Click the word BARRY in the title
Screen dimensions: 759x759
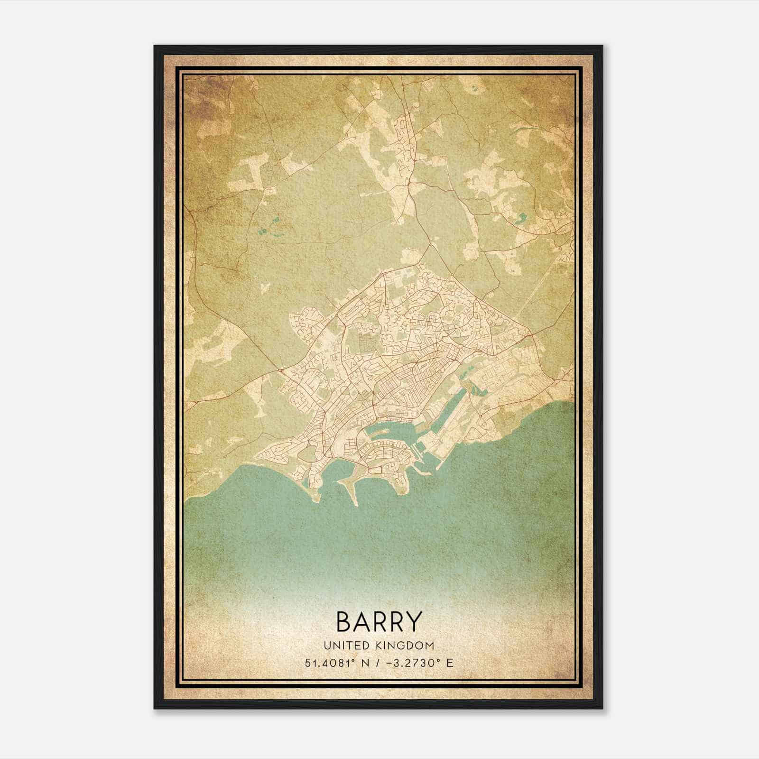[x=379, y=621]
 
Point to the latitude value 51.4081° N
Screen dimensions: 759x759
[x=335, y=663]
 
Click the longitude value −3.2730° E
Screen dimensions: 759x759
[x=417, y=663]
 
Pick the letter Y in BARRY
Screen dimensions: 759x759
[x=411, y=621]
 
